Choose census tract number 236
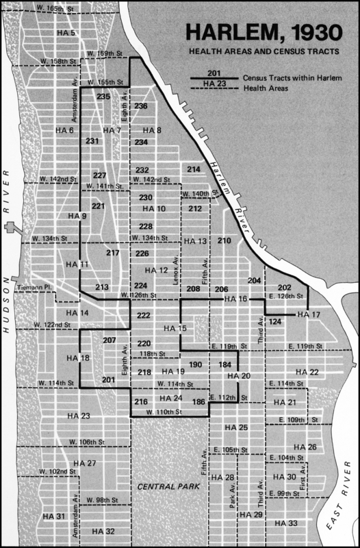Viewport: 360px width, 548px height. click(x=141, y=106)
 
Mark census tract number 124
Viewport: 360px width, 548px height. click(x=274, y=321)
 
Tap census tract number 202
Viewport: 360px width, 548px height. click(x=285, y=287)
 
